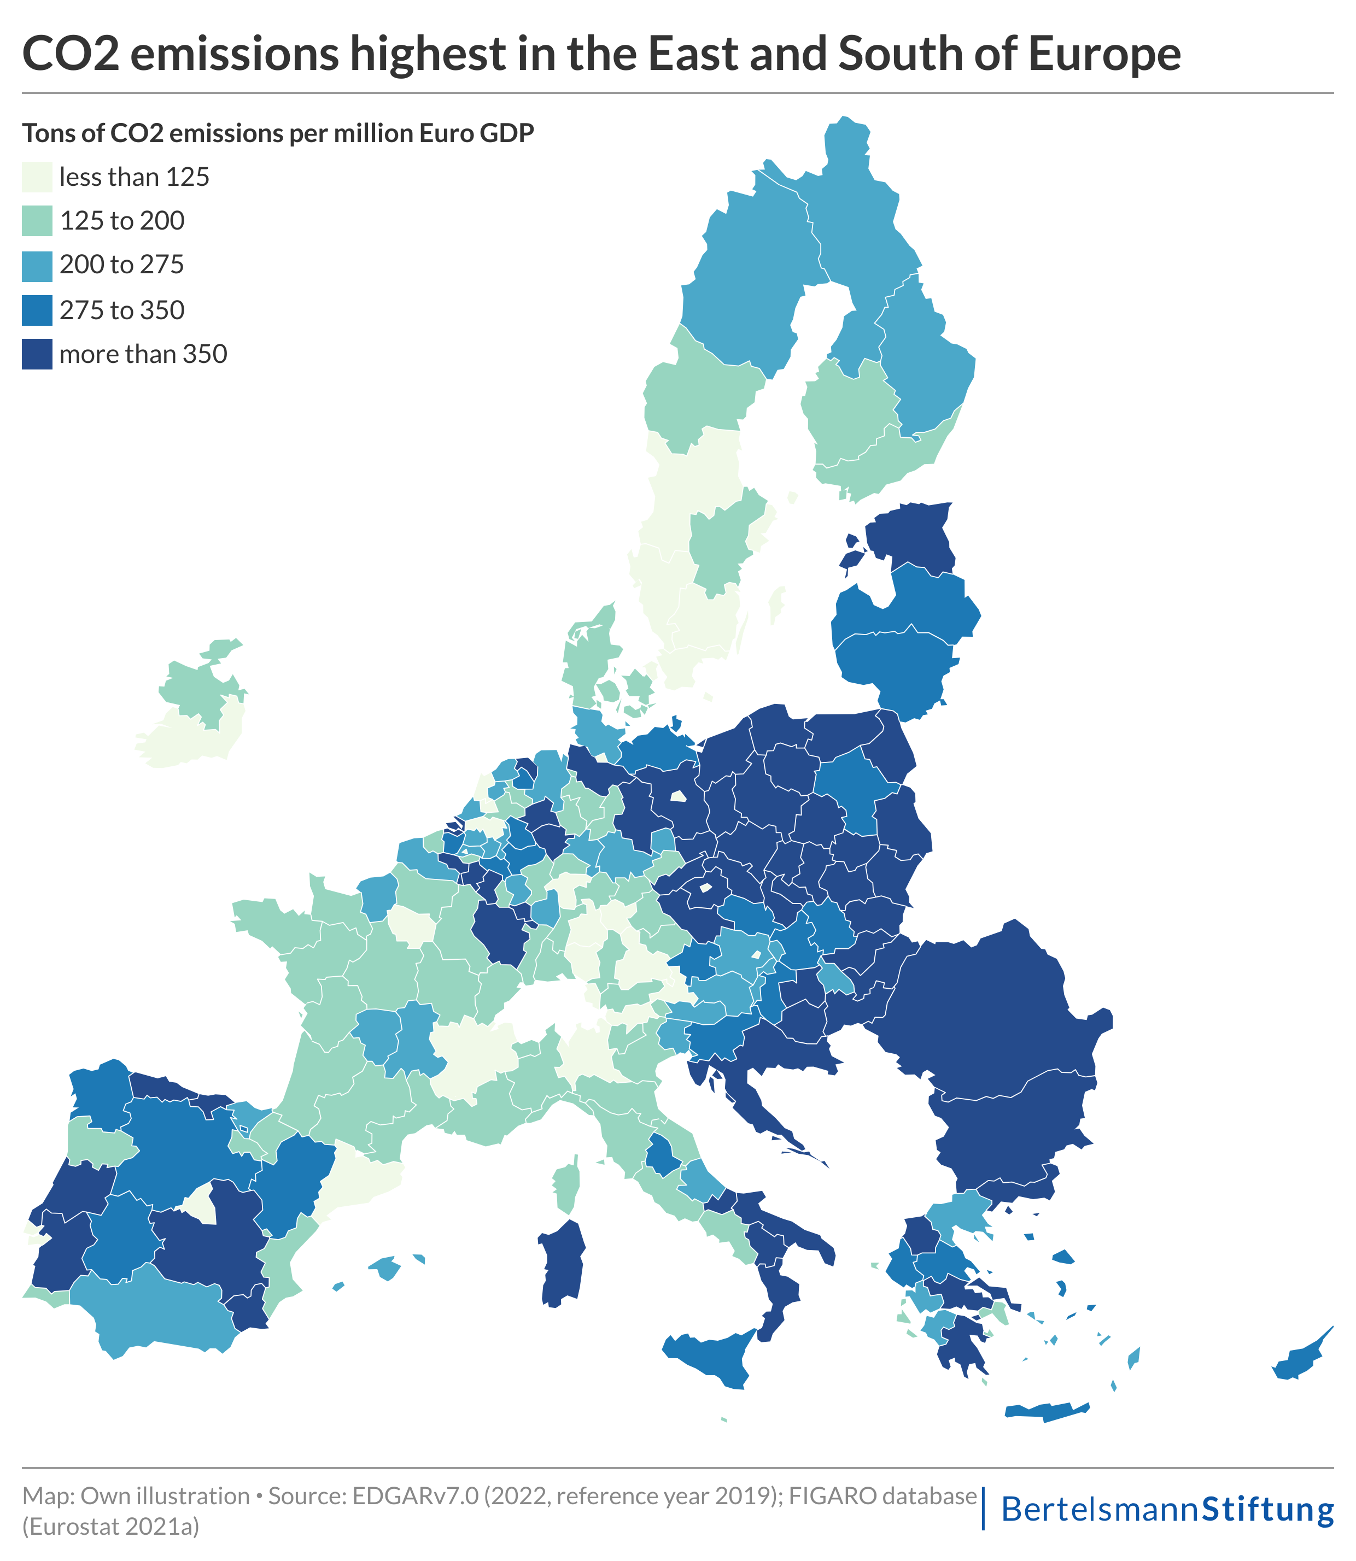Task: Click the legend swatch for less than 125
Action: pyautogui.click(x=37, y=177)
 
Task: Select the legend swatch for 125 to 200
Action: pyautogui.click(x=37, y=221)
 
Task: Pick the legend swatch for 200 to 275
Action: pyautogui.click(x=37, y=266)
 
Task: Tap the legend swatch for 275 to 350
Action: pyautogui.click(x=37, y=310)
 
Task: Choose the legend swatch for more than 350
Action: pyautogui.click(x=37, y=354)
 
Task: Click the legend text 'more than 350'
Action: pyautogui.click(x=143, y=354)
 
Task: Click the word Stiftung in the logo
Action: pyautogui.click(x=1267, y=1510)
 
